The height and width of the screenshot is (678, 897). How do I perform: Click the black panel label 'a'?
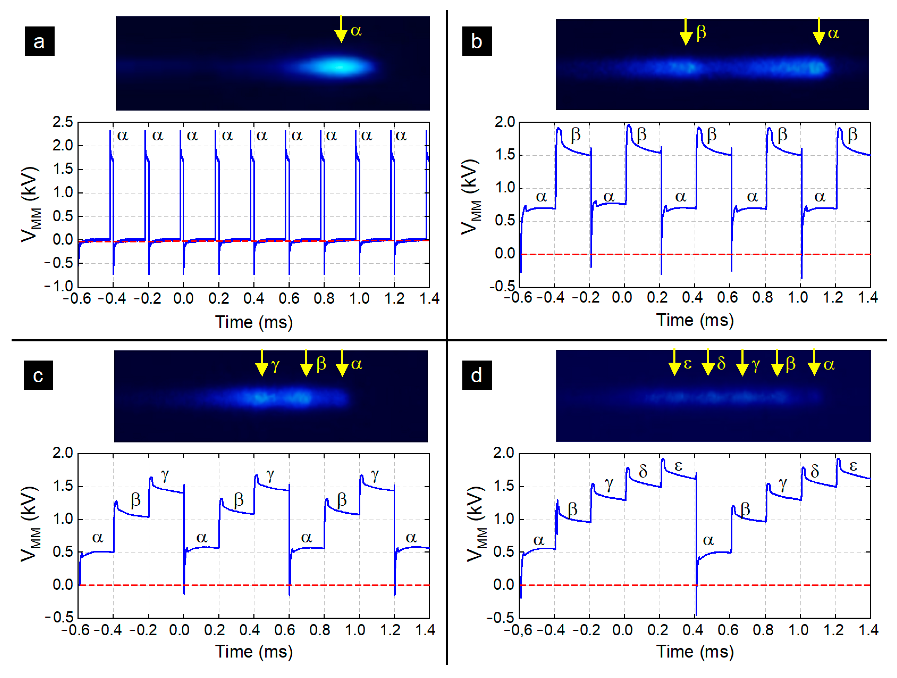click(39, 41)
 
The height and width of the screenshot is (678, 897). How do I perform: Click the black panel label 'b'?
click(477, 41)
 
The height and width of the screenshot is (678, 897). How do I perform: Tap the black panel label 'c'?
click(38, 376)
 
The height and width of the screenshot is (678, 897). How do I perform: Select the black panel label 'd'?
click(477, 376)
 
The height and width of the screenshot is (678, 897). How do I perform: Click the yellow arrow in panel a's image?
click(341, 29)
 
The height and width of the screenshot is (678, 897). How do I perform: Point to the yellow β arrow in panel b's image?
click(686, 32)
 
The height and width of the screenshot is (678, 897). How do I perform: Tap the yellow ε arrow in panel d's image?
click(674, 362)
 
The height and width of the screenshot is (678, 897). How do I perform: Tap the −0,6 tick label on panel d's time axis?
click(518, 630)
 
